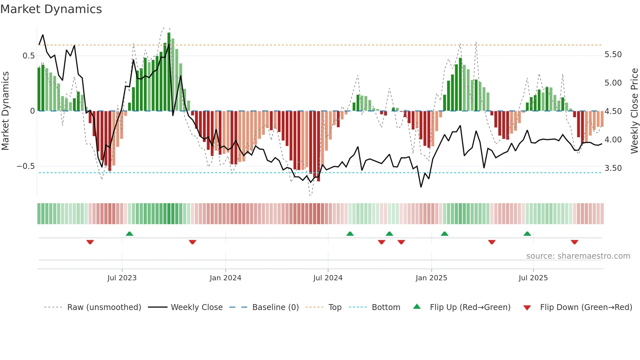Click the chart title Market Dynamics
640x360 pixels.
51,9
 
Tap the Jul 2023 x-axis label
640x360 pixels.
122,278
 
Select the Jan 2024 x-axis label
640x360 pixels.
225,278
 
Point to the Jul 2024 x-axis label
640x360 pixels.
328,278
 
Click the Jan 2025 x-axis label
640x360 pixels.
431,278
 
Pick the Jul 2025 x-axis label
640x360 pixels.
533,278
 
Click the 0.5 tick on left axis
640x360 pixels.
28,56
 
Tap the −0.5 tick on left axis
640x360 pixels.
25,166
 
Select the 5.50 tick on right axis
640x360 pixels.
613,55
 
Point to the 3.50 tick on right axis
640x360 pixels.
613,168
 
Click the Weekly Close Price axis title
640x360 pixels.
634,111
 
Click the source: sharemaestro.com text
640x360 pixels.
578,256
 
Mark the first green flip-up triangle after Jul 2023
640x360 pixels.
129,234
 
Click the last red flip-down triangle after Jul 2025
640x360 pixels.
574,242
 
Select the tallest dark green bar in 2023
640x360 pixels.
169,72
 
